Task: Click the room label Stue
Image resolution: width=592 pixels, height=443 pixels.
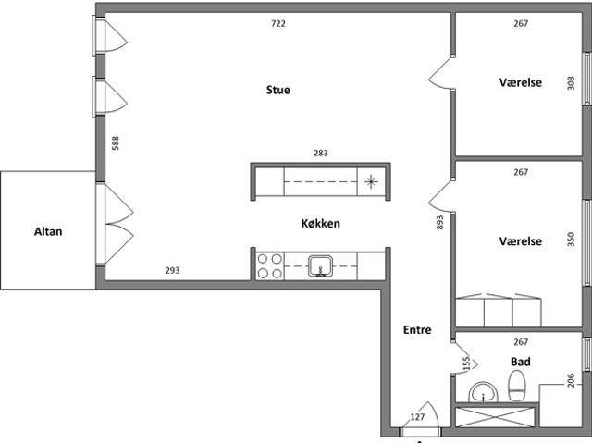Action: pyautogui.click(x=278, y=90)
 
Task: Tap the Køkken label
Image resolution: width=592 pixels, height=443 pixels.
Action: pyautogui.click(x=321, y=224)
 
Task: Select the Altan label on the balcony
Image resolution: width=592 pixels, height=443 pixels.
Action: pyautogui.click(x=48, y=231)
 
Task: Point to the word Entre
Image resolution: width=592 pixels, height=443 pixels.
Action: pyautogui.click(x=417, y=330)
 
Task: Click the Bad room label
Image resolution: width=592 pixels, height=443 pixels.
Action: pyautogui.click(x=521, y=362)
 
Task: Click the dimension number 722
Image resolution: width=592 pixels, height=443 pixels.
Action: pyautogui.click(x=278, y=23)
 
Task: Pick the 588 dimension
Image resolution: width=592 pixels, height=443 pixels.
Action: pyautogui.click(x=116, y=143)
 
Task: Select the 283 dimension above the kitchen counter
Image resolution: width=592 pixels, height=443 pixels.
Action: pyautogui.click(x=321, y=153)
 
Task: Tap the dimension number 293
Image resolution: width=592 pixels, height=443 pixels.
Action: pyautogui.click(x=173, y=270)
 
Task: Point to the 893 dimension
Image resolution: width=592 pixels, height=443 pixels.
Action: pyautogui.click(x=440, y=223)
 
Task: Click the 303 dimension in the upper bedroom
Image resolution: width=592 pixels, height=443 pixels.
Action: pyautogui.click(x=571, y=83)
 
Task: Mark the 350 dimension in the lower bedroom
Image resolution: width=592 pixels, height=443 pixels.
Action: pyautogui.click(x=571, y=240)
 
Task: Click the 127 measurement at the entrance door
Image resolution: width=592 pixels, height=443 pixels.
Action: pyautogui.click(x=417, y=417)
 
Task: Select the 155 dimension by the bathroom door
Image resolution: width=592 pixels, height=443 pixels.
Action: pyautogui.click(x=466, y=363)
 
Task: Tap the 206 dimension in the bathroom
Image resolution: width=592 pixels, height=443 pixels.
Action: pyautogui.click(x=571, y=380)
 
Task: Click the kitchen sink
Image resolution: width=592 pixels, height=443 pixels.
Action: pyautogui.click(x=321, y=266)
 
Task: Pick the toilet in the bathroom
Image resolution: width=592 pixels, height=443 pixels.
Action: pyautogui.click(x=517, y=386)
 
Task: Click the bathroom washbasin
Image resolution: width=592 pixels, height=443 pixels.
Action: pyautogui.click(x=484, y=392)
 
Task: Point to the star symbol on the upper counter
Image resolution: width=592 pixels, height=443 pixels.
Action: pyautogui.click(x=371, y=182)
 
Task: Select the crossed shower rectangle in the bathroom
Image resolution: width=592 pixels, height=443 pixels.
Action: pyautogui.click(x=496, y=416)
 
